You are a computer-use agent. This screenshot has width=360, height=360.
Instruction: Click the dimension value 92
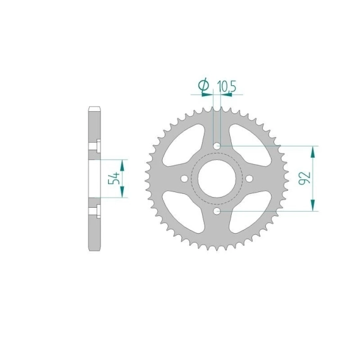pyautogui.click(x=304, y=178)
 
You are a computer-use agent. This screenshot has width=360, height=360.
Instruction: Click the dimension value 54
pyautogui.click(x=114, y=178)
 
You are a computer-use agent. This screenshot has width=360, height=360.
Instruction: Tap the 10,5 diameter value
pyautogui.click(x=226, y=87)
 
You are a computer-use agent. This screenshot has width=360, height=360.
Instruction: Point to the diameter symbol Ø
pyautogui.click(x=203, y=85)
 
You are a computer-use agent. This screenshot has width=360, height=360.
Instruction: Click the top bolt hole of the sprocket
pyautogui.click(x=217, y=146)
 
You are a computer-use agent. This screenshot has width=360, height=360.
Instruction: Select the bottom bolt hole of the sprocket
pyautogui.click(x=217, y=211)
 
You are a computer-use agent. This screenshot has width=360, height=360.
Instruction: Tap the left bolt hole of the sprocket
pyautogui.click(x=184, y=178)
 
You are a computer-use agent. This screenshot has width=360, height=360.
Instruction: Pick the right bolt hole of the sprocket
pyautogui.click(x=249, y=178)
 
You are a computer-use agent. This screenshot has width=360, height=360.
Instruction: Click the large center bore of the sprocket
pyautogui.click(x=217, y=178)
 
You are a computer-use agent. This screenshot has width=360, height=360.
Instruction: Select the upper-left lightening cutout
pyautogui.click(x=184, y=145)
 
